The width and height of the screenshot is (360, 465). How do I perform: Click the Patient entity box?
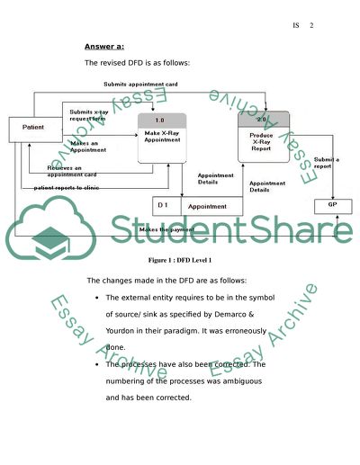[33, 128]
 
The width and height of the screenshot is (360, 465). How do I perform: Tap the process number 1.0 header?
[160, 120]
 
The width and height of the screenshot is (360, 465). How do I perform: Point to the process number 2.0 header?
[262, 120]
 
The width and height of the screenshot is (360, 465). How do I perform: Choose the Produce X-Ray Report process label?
[262, 141]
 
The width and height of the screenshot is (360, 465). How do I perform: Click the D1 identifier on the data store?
[164, 206]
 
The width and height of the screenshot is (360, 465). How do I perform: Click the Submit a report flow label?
[326, 163]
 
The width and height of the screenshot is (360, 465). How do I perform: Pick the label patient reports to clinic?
[67, 188]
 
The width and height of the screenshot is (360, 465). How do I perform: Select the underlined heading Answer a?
[104, 46]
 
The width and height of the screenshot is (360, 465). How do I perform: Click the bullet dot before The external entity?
[96, 297]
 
